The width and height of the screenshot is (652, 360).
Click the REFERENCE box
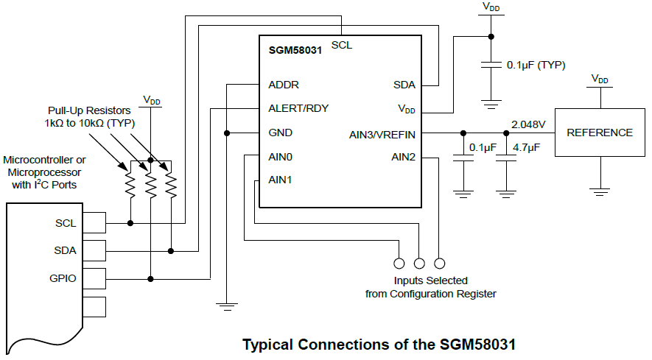[x=599, y=133]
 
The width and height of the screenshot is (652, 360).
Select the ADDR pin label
[x=284, y=85]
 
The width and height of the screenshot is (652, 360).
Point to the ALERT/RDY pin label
[x=298, y=108]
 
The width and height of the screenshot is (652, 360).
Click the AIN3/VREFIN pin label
[x=382, y=134]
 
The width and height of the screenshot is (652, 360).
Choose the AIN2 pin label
[x=403, y=157]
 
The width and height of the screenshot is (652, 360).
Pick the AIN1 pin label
[x=281, y=180]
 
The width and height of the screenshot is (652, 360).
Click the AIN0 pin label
[x=281, y=157]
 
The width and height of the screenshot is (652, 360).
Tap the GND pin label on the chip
[x=281, y=133]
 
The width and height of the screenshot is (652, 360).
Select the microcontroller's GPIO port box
[x=95, y=278]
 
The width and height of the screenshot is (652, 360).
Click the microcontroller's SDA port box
[x=95, y=250]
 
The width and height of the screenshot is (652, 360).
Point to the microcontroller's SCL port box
[x=95, y=222]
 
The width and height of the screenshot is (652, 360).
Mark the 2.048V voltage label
[x=527, y=123]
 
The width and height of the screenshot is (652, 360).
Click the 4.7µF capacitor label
[x=526, y=148]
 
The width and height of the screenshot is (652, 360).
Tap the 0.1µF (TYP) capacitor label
[x=536, y=65]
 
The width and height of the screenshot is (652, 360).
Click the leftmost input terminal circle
[x=399, y=263]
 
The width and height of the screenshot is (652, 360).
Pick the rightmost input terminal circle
[x=440, y=263]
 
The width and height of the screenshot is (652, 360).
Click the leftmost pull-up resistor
[x=130, y=186]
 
